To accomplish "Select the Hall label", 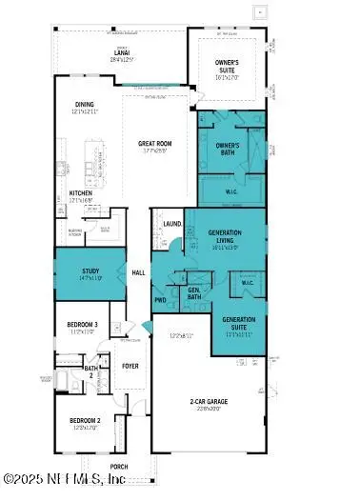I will (x=139, y=272).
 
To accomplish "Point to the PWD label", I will (x=161, y=300).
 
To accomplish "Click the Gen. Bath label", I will (x=194, y=293).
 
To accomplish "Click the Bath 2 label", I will (x=91, y=371).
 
